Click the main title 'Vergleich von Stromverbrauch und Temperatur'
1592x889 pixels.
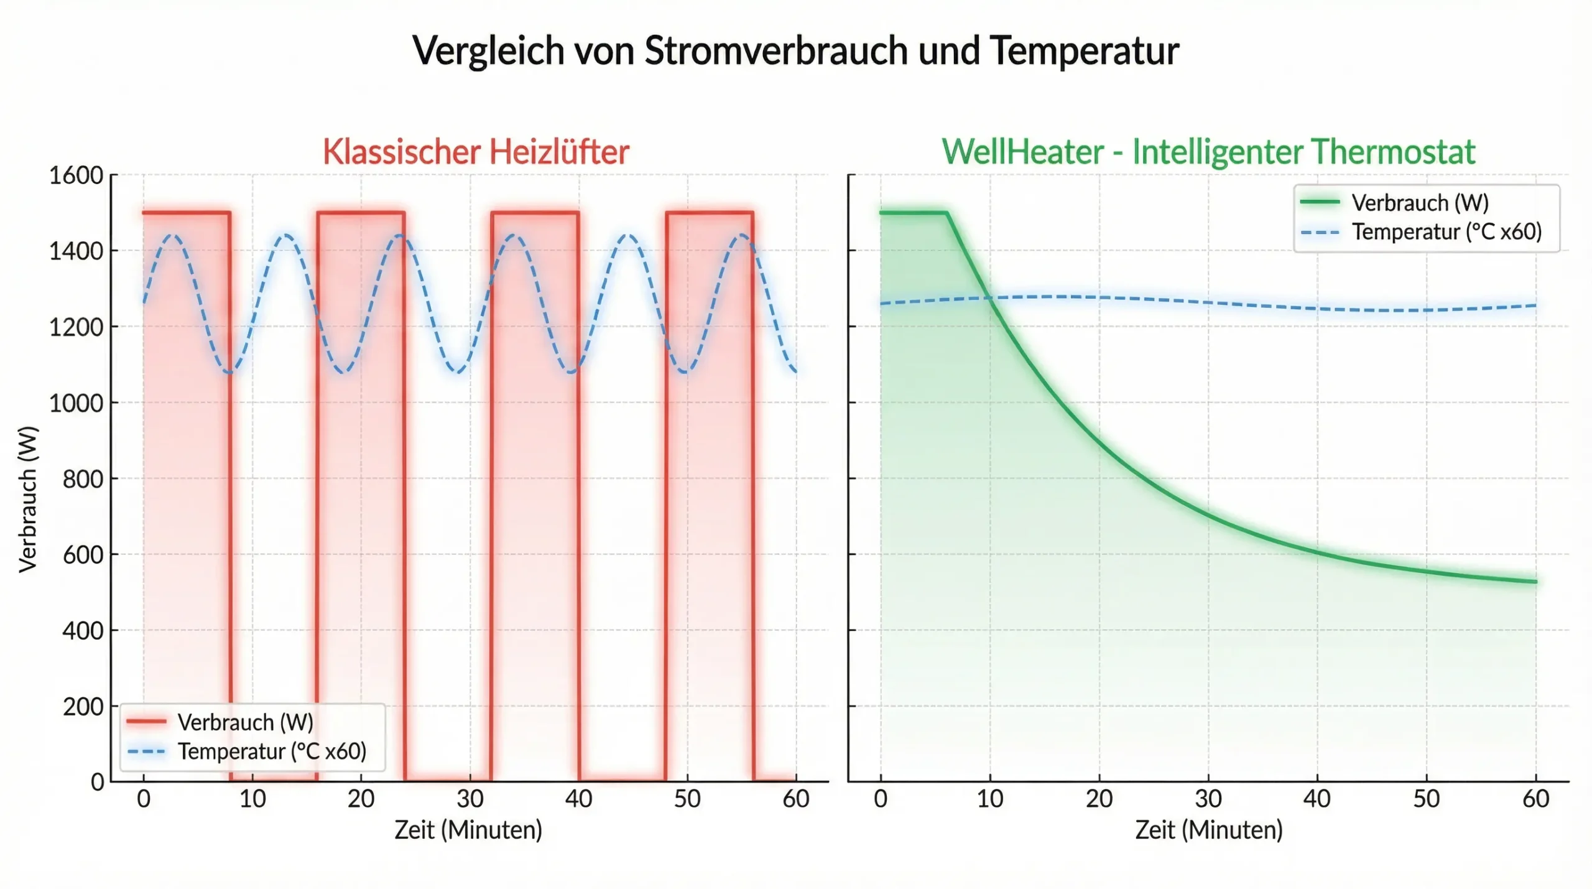(795, 50)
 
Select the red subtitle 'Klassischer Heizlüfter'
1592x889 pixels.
(476, 152)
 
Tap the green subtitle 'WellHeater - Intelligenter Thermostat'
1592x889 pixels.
(1208, 152)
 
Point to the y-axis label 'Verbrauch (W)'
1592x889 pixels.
(28, 499)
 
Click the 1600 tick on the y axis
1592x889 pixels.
(76, 175)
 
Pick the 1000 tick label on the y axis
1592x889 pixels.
(76, 403)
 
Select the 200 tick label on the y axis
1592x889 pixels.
(83, 707)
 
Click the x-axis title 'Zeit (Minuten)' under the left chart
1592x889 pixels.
(468, 830)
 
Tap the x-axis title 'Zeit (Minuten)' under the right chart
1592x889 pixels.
(1209, 830)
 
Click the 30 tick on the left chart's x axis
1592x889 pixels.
(470, 799)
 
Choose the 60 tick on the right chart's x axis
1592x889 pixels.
(1536, 799)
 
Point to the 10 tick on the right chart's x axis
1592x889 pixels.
(990, 799)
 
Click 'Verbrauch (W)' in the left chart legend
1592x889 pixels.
(245, 722)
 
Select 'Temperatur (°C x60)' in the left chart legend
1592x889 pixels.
(272, 752)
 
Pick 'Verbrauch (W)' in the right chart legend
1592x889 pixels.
(1420, 203)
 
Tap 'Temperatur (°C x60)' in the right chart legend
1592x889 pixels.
(1446, 232)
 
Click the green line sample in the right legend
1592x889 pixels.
(1320, 202)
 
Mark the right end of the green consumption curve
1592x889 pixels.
(1535, 582)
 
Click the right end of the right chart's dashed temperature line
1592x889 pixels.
(1535, 305)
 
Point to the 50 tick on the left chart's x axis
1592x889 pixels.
(687, 799)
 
